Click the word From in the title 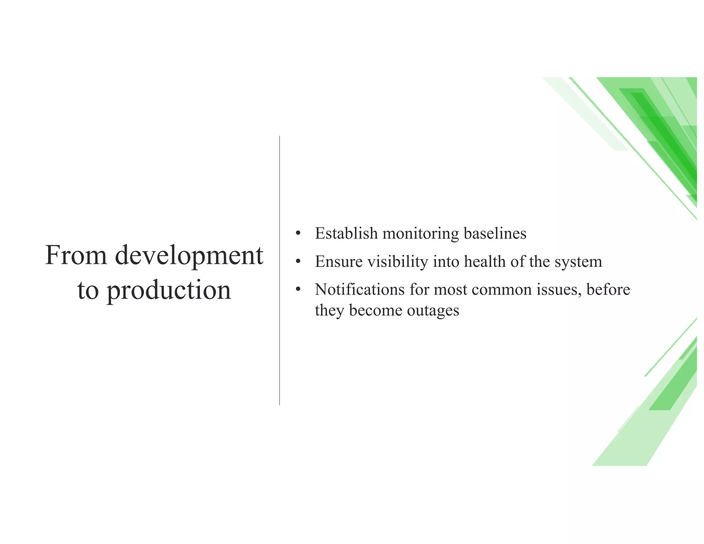(76, 255)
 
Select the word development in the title (189, 256)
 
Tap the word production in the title (169, 291)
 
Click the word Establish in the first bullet (346, 233)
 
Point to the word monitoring (420, 234)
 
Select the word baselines (495, 233)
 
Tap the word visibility (398, 262)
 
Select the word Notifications (360, 290)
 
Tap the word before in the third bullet (608, 290)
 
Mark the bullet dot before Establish (298, 234)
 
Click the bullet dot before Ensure (298, 262)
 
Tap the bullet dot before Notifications (298, 290)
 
